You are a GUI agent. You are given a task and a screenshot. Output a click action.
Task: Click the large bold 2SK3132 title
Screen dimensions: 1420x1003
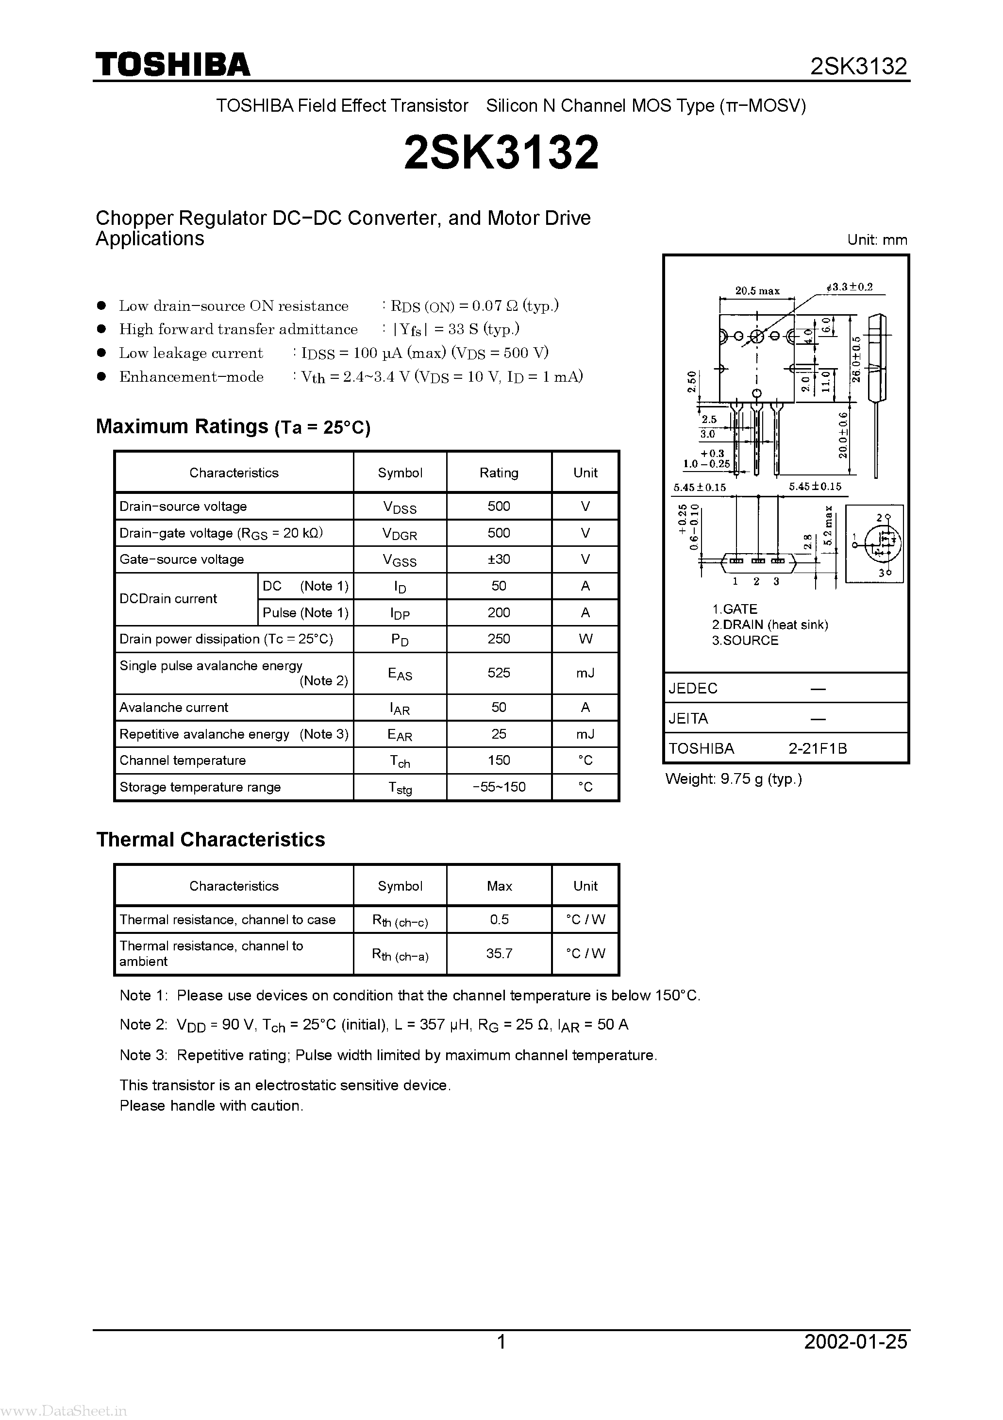tap(501, 153)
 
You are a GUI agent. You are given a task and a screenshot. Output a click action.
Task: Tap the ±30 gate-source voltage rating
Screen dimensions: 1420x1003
tap(499, 559)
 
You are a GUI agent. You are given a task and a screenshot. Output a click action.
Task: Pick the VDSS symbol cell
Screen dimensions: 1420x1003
tap(400, 507)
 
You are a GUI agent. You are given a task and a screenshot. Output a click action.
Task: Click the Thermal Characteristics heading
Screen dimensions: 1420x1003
tap(210, 839)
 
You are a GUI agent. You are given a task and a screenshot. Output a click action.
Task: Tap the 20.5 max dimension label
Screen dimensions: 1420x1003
tap(757, 291)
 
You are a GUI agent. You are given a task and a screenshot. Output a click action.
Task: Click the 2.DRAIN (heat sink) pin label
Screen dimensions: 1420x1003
tap(770, 625)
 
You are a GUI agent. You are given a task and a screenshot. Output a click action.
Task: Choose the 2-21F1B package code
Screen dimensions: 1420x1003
tap(818, 748)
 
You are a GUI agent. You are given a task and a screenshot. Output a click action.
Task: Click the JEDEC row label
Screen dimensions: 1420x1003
tap(693, 688)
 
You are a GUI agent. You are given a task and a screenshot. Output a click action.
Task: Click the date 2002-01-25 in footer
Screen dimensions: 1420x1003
tap(856, 1341)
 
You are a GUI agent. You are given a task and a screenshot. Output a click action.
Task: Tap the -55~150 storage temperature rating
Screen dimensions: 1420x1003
tap(499, 787)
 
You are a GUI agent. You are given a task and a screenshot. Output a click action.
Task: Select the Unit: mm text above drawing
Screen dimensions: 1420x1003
tap(877, 240)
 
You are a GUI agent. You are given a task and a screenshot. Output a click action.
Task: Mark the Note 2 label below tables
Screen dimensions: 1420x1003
tap(143, 1025)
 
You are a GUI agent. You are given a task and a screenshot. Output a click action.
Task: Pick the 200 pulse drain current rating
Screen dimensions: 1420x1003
tap(499, 612)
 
